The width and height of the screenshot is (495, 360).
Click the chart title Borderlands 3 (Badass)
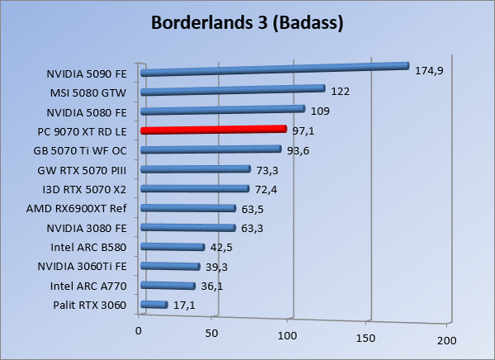(x=247, y=23)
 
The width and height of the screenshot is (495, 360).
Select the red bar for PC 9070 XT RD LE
(x=214, y=130)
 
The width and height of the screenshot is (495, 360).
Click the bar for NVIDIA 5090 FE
(x=275, y=69)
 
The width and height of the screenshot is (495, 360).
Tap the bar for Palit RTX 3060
(x=154, y=305)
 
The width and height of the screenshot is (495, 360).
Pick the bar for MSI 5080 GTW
(x=233, y=89)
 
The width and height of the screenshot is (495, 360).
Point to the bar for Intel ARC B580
(x=172, y=247)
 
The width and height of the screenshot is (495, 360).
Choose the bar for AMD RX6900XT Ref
(x=188, y=208)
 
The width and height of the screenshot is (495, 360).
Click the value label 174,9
(x=430, y=71)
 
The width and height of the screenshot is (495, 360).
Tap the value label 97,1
(x=306, y=130)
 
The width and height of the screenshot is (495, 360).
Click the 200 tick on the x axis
(x=446, y=340)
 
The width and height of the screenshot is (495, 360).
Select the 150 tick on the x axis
(x=365, y=338)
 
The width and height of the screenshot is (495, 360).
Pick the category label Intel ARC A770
(x=87, y=286)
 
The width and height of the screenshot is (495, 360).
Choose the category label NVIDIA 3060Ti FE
(x=82, y=266)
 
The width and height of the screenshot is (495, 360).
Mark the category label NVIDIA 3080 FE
(x=87, y=227)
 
